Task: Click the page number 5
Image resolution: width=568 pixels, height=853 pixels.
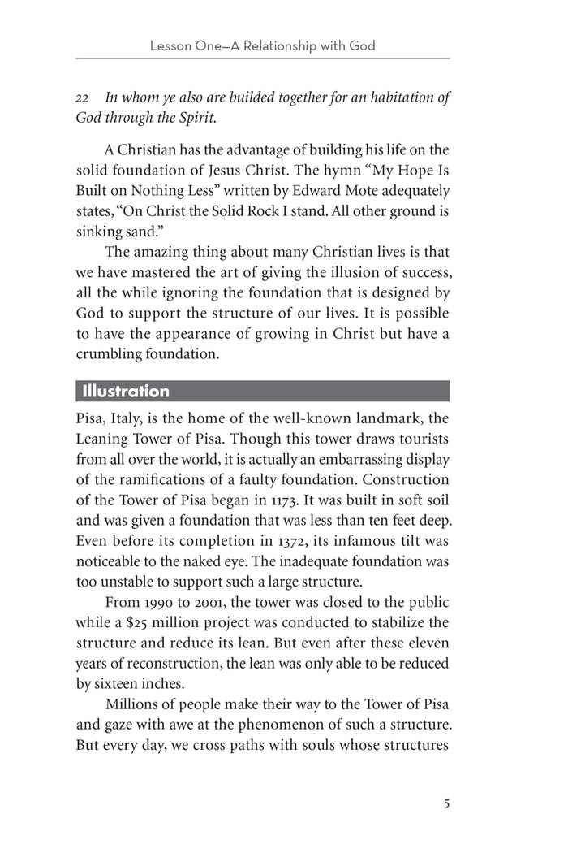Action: [446, 804]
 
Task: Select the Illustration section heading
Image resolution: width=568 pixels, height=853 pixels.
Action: [125, 392]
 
